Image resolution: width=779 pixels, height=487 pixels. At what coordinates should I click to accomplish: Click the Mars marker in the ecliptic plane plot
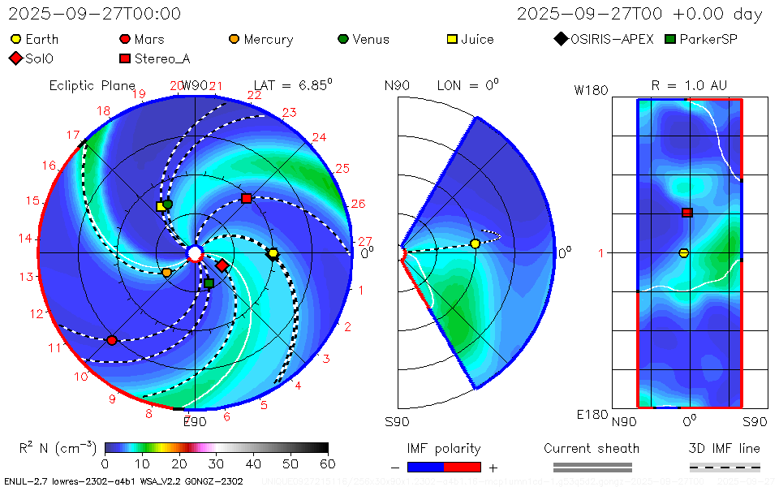tap(112, 340)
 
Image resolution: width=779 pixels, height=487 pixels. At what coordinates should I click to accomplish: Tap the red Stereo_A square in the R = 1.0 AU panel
tap(686, 213)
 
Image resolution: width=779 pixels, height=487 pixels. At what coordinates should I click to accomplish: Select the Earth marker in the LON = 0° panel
tap(476, 243)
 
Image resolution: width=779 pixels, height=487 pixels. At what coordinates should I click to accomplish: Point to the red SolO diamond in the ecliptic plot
tap(222, 265)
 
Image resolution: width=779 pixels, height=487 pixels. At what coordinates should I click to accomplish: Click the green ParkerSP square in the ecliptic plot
tap(209, 283)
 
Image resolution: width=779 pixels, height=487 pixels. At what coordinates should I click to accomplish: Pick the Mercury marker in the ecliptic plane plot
tap(166, 273)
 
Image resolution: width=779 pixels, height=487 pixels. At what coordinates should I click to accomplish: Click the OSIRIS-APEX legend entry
tap(605, 39)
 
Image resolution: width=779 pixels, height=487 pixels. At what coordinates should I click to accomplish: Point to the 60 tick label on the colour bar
tap(327, 463)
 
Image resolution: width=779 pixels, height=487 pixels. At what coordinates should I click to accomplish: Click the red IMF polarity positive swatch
tap(463, 467)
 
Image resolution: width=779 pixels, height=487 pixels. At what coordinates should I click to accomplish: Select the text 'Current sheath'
tap(592, 448)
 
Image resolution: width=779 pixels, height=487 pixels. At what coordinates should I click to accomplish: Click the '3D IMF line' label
tap(725, 448)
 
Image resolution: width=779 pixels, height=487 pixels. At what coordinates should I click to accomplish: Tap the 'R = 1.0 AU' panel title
tap(689, 85)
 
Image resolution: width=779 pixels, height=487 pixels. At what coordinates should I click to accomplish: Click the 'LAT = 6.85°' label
tap(293, 85)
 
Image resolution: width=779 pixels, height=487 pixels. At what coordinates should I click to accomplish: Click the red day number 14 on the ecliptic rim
tap(24, 239)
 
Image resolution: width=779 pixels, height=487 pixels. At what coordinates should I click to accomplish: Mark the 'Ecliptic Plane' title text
tap(92, 85)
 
